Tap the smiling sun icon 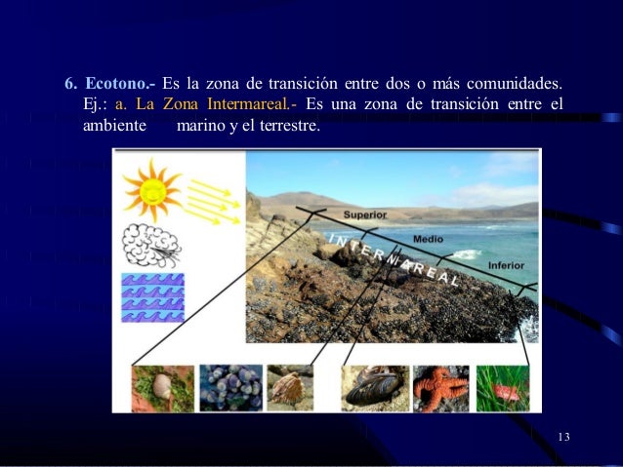(x=152, y=190)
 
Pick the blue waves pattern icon (x=152, y=296)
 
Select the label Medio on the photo (x=428, y=238)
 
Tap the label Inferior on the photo (x=508, y=266)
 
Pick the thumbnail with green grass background (x=503, y=388)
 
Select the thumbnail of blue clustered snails (x=230, y=388)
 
